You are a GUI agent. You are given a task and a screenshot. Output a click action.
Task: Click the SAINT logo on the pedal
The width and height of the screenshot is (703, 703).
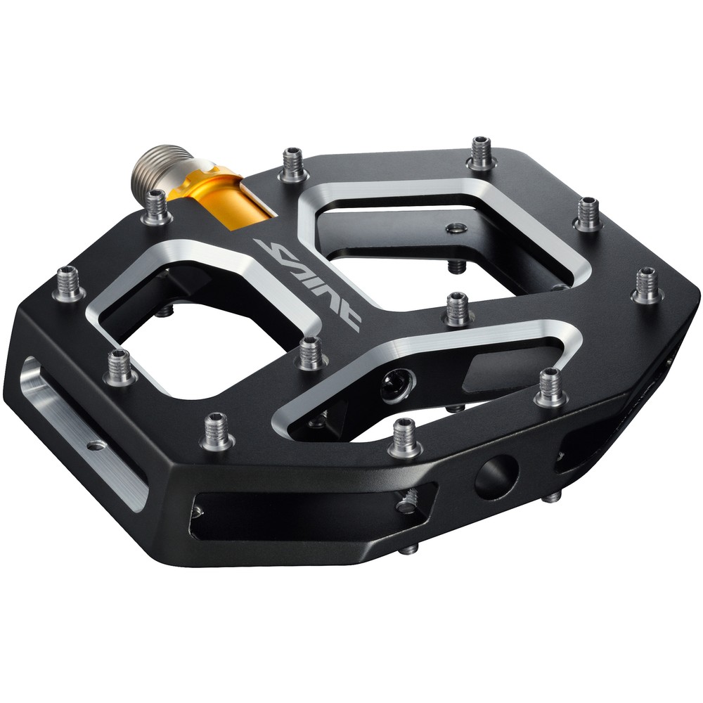(x=310, y=282)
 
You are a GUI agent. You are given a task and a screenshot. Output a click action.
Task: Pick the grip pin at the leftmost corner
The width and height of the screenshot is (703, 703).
(x=69, y=284)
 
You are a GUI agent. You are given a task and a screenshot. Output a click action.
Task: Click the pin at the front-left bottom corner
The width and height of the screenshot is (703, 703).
(x=216, y=431)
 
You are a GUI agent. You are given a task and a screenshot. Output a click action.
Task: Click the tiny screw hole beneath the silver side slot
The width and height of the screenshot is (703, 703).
(x=93, y=444)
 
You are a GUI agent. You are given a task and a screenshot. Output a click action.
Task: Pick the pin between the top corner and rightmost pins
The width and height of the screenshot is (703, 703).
(x=588, y=214)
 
